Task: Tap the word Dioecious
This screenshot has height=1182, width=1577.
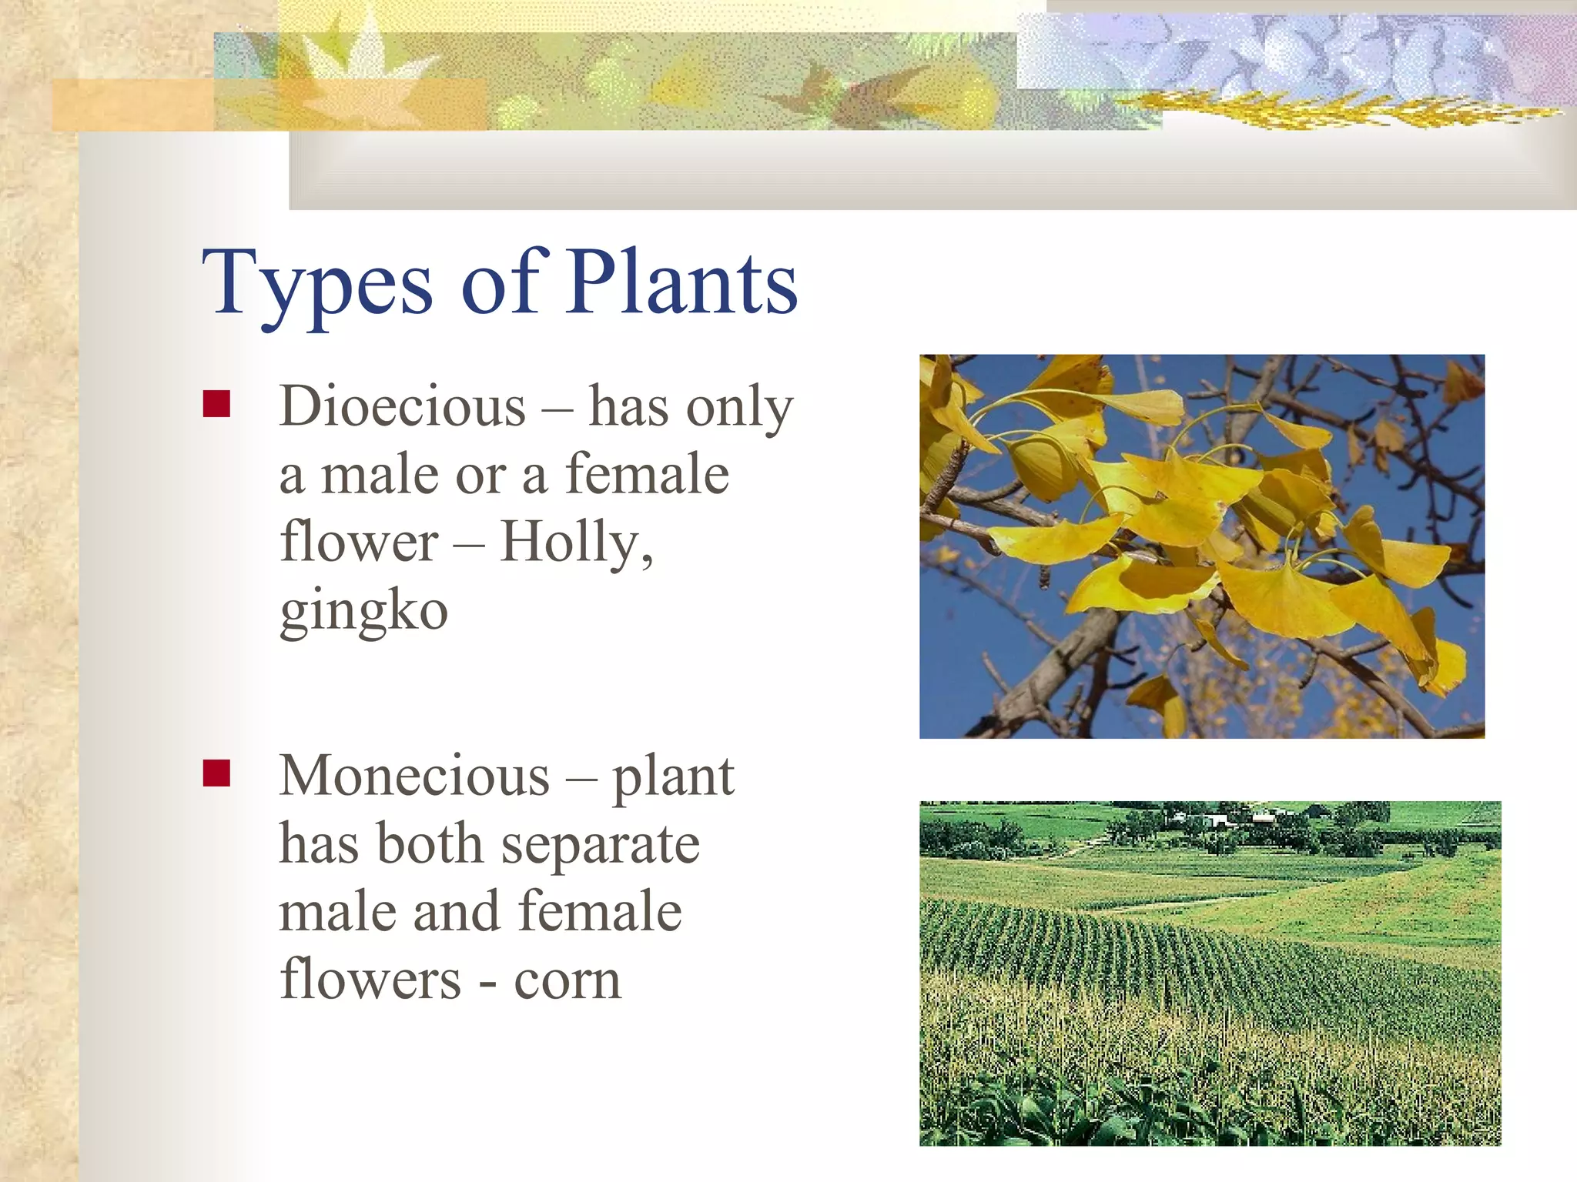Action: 403,406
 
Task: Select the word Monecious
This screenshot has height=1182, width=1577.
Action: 414,776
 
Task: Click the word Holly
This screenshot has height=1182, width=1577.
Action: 574,542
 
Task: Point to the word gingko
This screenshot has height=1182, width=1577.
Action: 363,611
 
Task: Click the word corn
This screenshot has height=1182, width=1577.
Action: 567,980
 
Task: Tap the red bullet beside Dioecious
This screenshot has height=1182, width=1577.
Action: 216,403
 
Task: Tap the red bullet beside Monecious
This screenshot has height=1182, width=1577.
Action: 216,773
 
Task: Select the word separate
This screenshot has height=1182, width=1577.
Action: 600,845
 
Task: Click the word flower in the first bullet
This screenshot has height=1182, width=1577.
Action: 359,542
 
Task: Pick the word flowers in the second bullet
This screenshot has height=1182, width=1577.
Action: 370,980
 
